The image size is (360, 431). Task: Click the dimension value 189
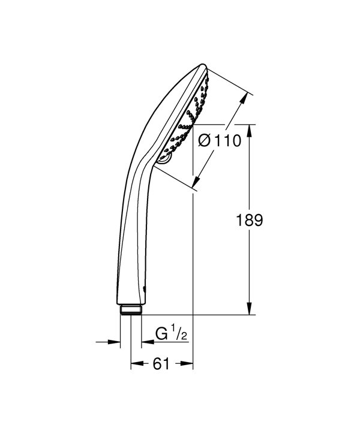[x=250, y=220]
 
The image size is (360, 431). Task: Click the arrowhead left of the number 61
[x=135, y=363]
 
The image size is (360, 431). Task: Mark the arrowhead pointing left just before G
[x=145, y=342]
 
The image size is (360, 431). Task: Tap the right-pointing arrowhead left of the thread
[x=116, y=342]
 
